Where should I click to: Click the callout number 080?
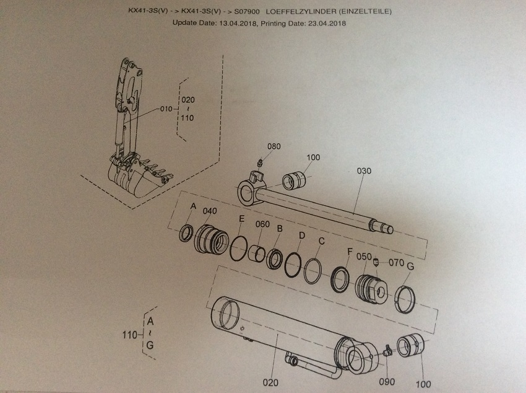pos(274,146)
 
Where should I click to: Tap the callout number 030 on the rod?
pos(364,172)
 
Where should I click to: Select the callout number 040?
pos(210,211)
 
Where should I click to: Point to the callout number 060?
pos(262,224)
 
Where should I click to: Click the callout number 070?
pos(397,262)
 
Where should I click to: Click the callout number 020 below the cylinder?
pos(271,382)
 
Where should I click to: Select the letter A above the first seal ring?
pos(192,207)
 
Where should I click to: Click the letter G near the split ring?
pos(410,266)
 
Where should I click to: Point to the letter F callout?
pos(350,251)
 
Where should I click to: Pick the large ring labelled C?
pos(313,270)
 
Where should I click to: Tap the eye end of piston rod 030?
pos(252,192)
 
